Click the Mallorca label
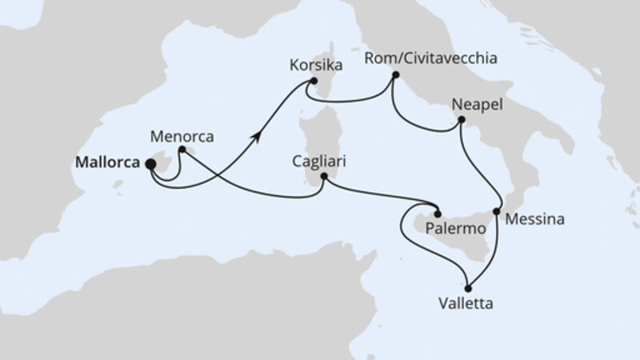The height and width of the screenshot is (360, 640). (x=107, y=162)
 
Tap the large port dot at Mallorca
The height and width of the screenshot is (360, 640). (x=150, y=163)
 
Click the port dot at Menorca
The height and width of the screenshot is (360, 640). (x=182, y=149)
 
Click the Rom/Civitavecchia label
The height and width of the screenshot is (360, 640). (x=430, y=58)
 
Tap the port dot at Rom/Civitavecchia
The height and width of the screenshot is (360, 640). (x=395, y=76)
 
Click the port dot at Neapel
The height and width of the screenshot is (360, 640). (x=462, y=121)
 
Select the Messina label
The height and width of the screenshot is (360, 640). (x=535, y=218)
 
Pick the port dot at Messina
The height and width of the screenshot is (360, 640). (x=497, y=212)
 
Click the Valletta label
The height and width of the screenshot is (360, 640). (x=466, y=304)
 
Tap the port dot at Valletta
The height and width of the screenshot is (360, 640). (x=468, y=289)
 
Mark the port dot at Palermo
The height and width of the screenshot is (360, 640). (x=438, y=212)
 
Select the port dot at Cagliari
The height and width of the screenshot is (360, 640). (x=324, y=177)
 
